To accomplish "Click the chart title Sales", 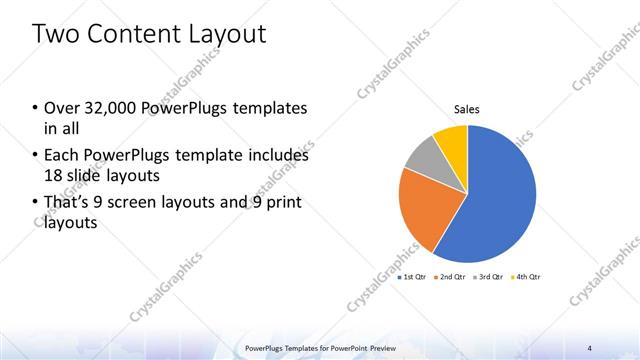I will coord(467,108).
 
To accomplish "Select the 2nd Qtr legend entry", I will coord(450,276).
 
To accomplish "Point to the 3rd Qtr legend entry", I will coord(488,276).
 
